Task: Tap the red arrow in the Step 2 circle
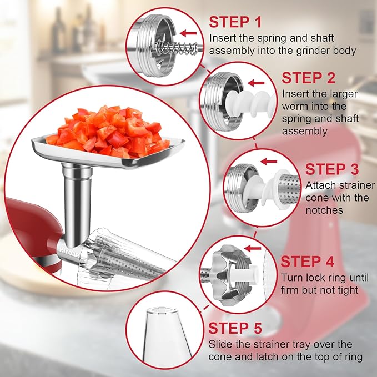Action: [x=257, y=83]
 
